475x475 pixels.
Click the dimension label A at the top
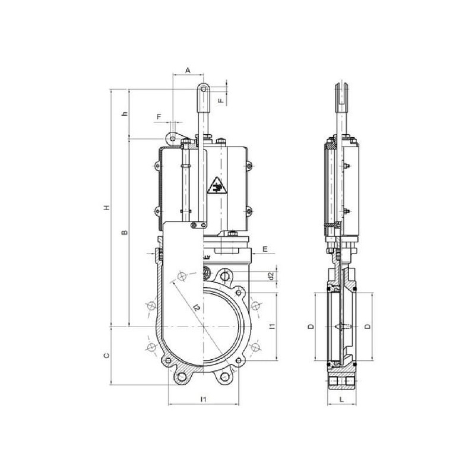point(188,70)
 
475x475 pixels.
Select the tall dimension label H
point(106,207)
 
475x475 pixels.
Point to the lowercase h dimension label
point(125,114)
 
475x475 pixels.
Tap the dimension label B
point(125,232)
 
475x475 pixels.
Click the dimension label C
point(106,355)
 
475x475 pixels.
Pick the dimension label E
point(265,249)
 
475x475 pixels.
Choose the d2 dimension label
point(271,275)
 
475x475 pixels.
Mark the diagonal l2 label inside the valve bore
point(197,308)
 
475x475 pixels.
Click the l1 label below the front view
point(204,399)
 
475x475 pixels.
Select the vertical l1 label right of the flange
point(272,326)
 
